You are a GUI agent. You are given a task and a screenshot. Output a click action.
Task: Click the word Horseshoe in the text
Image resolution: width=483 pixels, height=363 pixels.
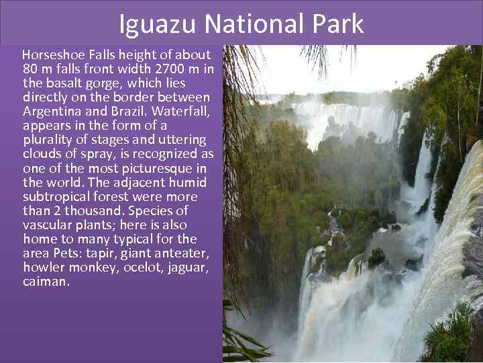point(51,54)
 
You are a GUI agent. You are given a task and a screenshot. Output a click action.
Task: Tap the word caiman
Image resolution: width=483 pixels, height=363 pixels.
point(46,282)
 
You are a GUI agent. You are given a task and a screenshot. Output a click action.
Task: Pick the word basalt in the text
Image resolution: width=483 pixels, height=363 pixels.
point(61,83)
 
